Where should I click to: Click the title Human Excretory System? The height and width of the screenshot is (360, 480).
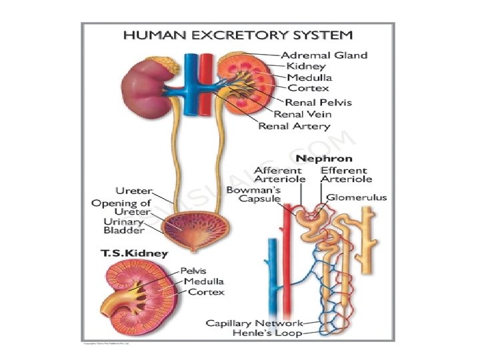pyautogui.click(x=237, y=35)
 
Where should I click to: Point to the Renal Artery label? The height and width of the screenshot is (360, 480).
pyautogui.click(x=294, y=125)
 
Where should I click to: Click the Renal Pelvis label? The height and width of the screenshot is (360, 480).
pyautogui.click(x=318, y=103)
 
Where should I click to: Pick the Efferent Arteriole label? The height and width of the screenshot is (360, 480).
pyautogui.click(x=346, y=175)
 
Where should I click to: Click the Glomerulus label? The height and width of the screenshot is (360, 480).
pyautogui.click(x=357, y=197)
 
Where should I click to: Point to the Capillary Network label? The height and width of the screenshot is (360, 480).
pyautogui.click(x=254, y=323)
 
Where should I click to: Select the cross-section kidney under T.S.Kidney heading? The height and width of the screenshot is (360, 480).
pyautogui.click(x=137, y=296)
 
